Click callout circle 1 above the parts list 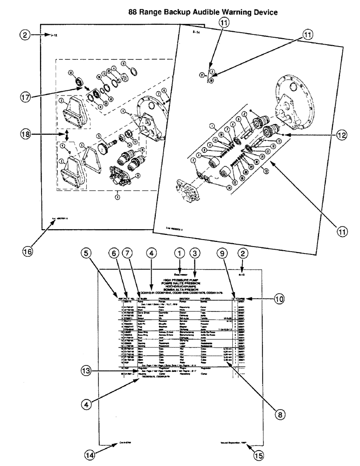tap(177, 253)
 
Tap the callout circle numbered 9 tap(224, 253)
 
